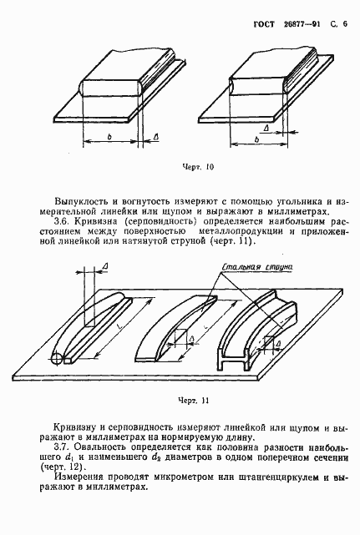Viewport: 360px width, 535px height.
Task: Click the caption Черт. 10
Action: (198, 167)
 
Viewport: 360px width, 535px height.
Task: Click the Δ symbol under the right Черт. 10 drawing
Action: (266, 128)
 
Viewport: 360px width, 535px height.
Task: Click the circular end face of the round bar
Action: (57, 359)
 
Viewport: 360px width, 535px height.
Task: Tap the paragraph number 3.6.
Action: (62, 223)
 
